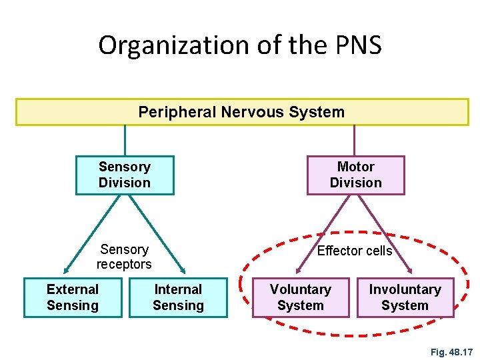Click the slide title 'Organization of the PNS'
pos(240,45)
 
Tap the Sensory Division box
pos(125,175)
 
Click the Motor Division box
pos(355,175)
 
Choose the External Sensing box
pos(73,297)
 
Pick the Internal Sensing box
pos(178,297)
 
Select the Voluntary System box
pos(300,297)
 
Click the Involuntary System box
pos(405,297)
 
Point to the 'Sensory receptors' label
pos(124,257)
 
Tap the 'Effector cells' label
pos(354,251)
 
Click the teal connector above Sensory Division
pos(125,141)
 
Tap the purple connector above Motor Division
pos(354,141)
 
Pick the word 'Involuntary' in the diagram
pos(405,289)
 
